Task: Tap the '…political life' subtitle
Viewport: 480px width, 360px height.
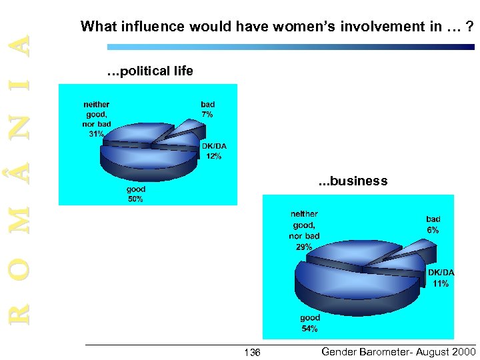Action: point(150,71)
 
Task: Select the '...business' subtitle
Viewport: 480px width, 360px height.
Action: point(353,181)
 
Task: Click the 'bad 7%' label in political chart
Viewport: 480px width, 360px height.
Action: point(207,109)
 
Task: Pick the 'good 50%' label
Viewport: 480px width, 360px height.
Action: point(135,194)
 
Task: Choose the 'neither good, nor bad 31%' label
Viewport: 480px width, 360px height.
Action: point(97,119)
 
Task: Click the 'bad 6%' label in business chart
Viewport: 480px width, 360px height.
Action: point(433,224)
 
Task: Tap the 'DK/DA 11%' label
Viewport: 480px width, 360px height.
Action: point(441,278)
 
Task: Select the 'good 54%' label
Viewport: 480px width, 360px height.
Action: point(309,323)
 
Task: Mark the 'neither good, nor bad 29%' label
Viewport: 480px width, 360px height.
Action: point(304,230)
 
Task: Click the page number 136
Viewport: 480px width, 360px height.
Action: point(252,352)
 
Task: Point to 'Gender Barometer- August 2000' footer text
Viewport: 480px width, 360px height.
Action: point(399,351)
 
